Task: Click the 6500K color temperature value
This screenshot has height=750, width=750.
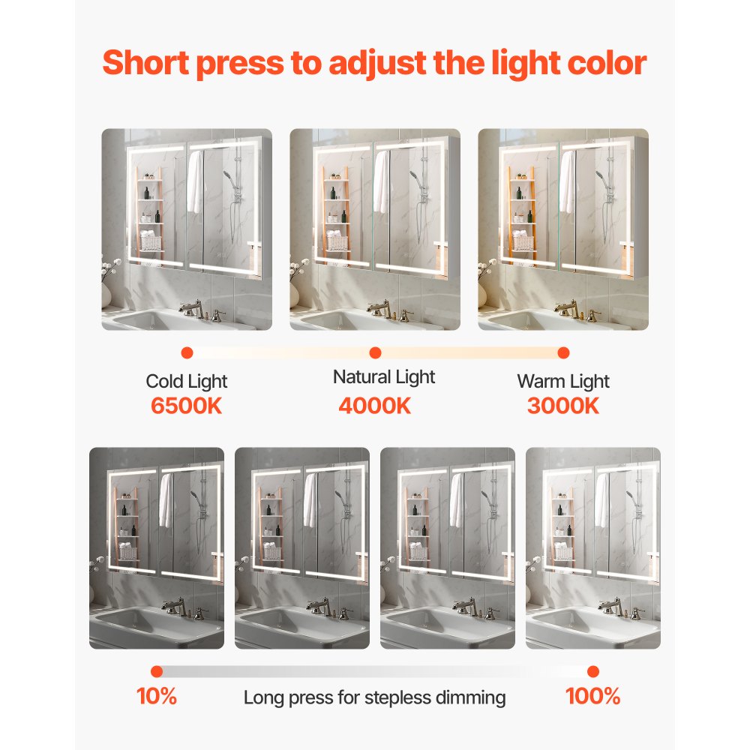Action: pos(186,406)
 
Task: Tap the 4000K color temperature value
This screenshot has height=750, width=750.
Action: pos(374,406)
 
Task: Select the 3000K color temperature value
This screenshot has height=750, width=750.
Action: pos(563,406)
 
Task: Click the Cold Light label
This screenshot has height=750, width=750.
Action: pos(186,381)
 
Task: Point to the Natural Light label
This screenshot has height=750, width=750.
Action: pos(384,376)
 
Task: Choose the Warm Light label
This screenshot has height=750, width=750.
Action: pos(563,381)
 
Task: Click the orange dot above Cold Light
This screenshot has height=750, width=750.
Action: pos(187,352)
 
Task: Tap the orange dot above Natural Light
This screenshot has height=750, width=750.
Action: pos(376,352)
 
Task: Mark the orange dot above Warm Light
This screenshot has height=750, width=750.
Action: pos(564,352)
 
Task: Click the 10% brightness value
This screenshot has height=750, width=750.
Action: pos(156,696)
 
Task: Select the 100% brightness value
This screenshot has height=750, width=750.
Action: pos(592,696)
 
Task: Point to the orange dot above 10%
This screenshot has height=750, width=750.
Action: pos(156,671)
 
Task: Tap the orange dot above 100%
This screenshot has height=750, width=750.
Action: pos(593,671)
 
